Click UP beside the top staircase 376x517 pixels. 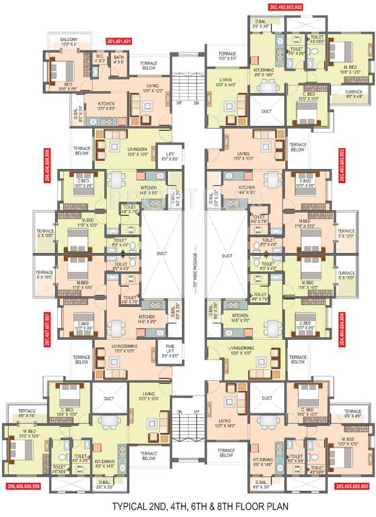pyautogui.click(x=178, y=104)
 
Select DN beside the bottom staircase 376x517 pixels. pyautogui.click(x=178, y=412)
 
